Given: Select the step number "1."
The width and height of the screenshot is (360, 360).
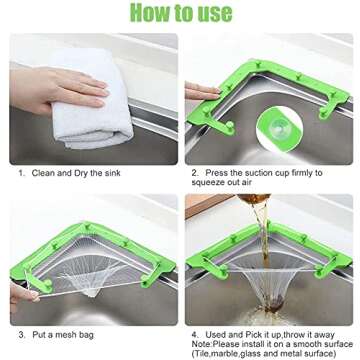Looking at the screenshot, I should pyautogui.click(x=23, y=172).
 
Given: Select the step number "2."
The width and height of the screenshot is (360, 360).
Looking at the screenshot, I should pyautogui.click(x=195, y=172).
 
